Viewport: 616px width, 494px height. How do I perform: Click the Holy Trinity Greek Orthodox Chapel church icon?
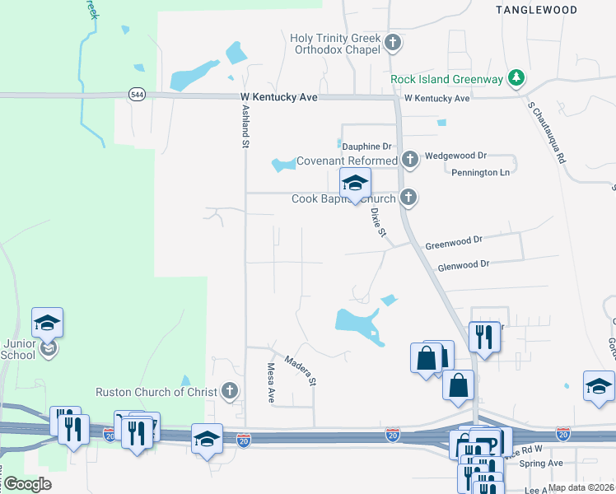[393, 43]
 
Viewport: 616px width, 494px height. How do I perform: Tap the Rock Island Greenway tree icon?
[516, 79]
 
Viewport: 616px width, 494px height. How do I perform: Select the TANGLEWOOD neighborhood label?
[536, 9]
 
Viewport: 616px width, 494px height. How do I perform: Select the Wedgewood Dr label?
[459, 155]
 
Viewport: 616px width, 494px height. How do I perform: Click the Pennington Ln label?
[486, 173]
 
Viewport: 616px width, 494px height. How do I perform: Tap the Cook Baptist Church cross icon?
[408, 198]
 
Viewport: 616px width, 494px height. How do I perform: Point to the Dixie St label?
[378, 221]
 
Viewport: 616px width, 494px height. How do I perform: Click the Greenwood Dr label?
[453, 246]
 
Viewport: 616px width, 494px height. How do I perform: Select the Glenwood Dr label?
[464, 264]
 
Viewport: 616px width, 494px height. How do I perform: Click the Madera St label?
[300, 368]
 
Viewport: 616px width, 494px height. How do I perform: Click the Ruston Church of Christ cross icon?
[231, 391]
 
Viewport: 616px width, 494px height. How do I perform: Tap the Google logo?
[26, 483]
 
